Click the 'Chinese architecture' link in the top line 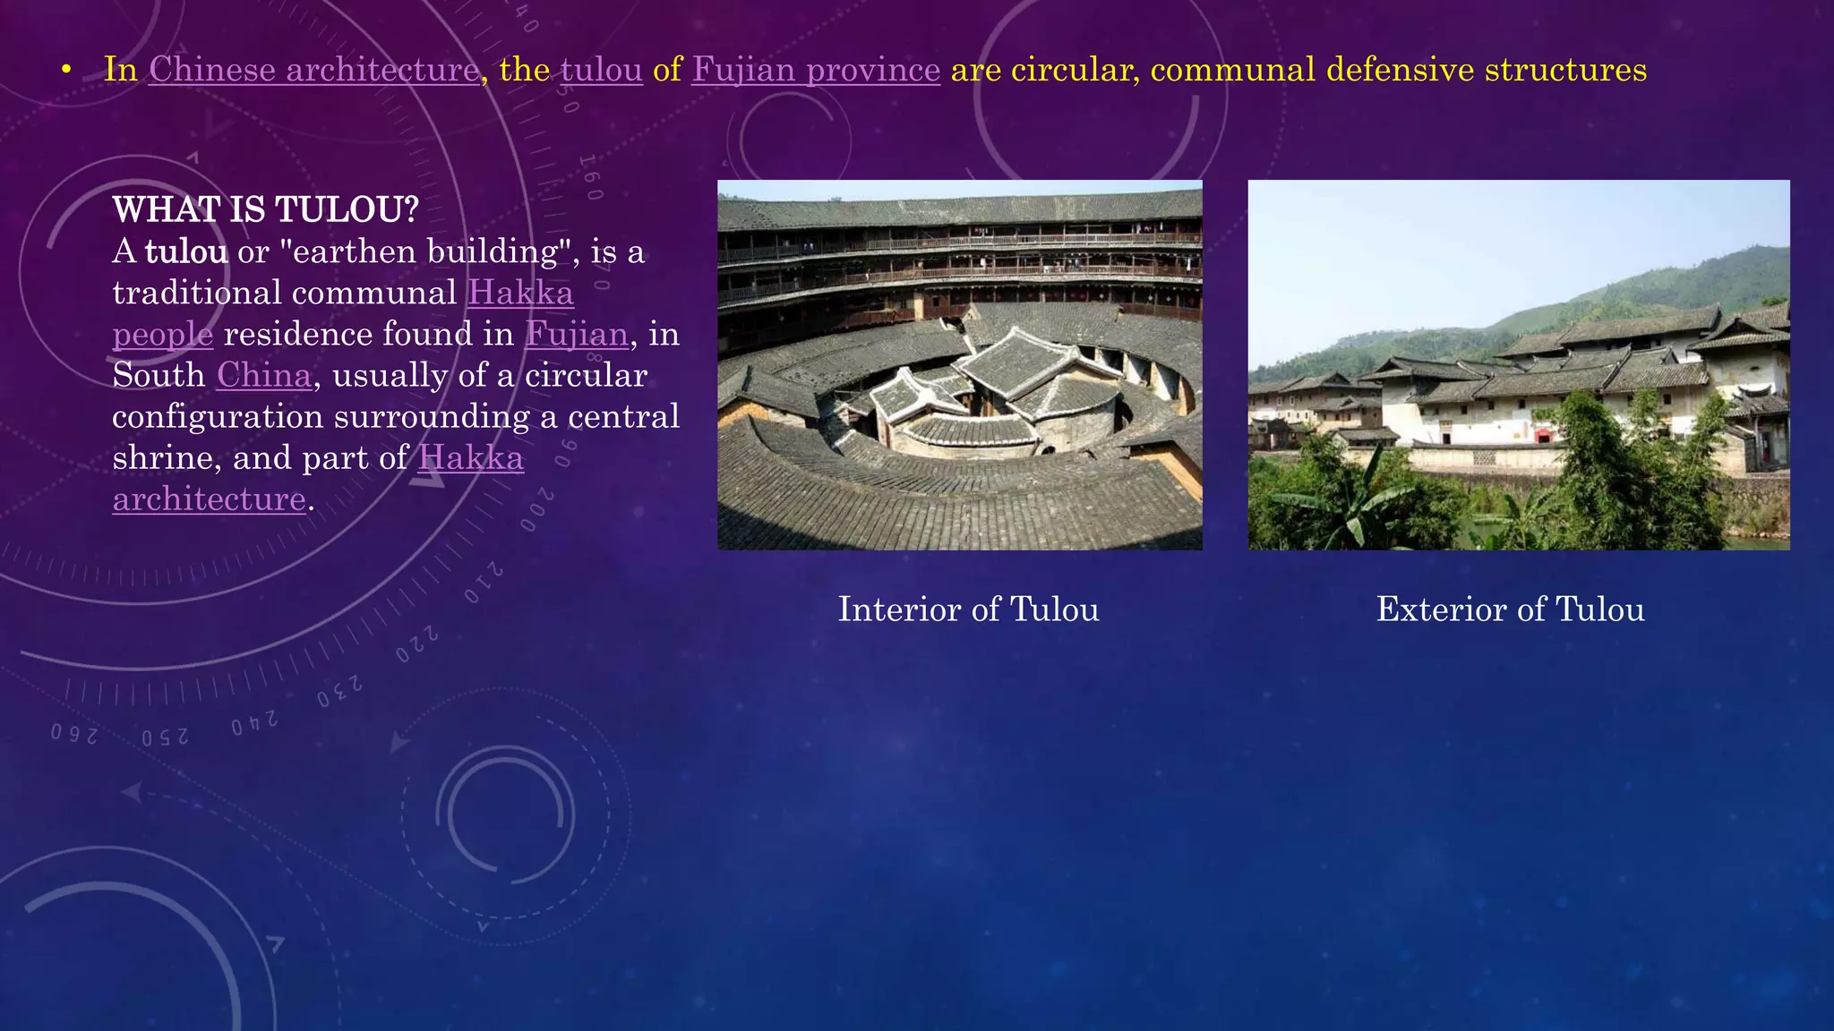313,70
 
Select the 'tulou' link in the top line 602,70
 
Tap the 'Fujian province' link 816,70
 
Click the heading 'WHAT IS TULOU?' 266,209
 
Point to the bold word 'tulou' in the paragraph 186,251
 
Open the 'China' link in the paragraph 264,375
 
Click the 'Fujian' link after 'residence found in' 577,334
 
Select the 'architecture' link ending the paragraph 210,498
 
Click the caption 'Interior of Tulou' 968,609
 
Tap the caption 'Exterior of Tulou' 1510,609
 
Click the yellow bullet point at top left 66,71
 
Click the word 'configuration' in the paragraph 218,416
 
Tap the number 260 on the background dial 73,734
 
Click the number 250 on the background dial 165,737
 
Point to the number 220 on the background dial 417,644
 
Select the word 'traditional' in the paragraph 194,293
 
